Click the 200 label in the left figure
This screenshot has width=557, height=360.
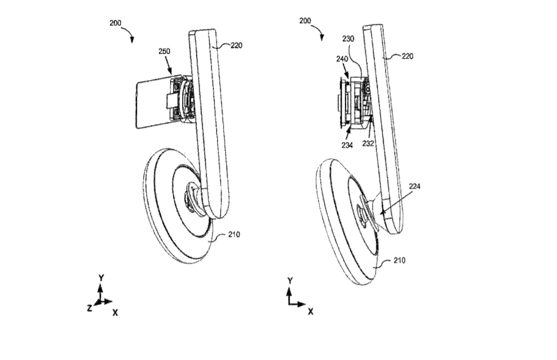pos(116,23)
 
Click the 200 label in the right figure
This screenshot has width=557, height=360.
pos(305,21)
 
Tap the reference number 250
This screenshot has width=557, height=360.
pos(164,51)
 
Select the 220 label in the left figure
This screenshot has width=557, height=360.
pos(236,45)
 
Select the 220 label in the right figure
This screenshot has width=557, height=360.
pos(407,56)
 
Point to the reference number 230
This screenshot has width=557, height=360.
pos(349,39)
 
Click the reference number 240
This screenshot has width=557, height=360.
pos(342,59)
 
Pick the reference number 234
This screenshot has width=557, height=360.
pos(347,145)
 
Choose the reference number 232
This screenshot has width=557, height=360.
pos(368,144)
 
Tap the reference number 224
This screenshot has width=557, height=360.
pos(415,186)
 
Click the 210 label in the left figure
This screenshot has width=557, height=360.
pos(234,234)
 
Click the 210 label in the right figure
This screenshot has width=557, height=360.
pos(400,260)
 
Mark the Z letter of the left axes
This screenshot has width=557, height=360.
pos(89,308)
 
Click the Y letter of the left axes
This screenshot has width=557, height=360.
pos(101,278)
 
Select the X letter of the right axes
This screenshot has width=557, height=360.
pos(311,312)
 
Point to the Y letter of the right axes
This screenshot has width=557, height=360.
pos(290,281)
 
